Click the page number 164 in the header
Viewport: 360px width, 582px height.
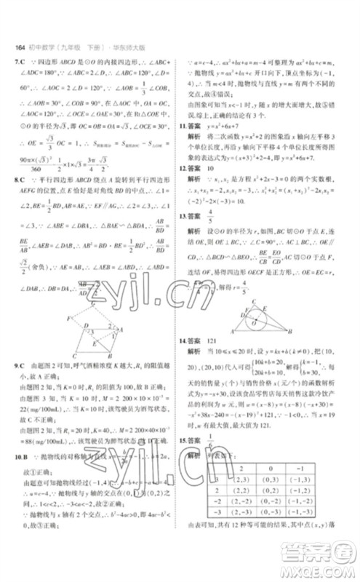(20, 49)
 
